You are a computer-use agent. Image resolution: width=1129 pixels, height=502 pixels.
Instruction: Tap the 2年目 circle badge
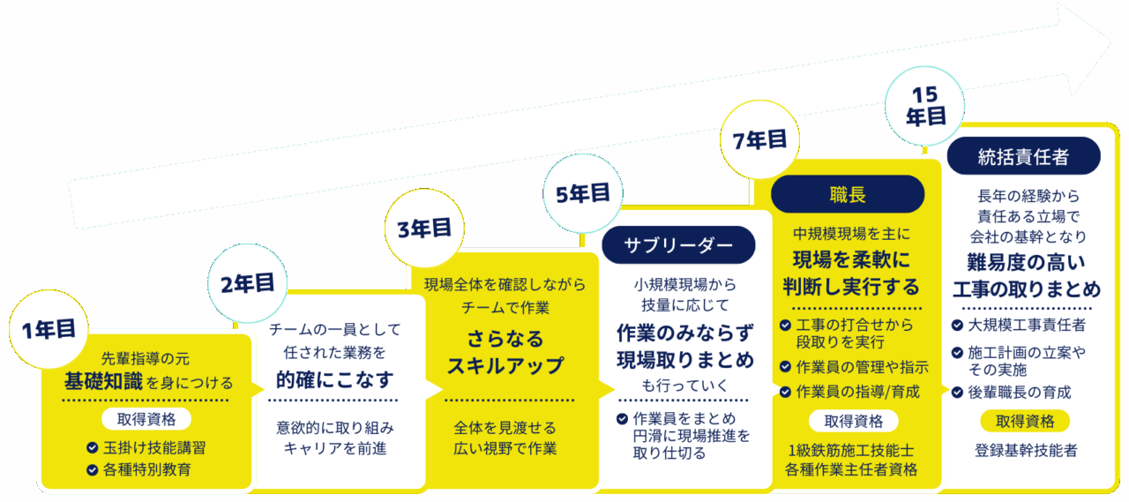pos(248,283)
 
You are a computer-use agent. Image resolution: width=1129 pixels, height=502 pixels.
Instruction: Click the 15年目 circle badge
pos(926,103)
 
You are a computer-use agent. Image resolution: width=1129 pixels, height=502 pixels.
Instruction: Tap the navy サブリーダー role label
pos(678,245)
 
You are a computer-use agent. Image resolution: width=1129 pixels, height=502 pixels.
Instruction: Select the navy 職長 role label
pos(848,194)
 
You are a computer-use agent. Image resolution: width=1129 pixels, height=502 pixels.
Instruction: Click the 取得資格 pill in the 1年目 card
pos(146,418)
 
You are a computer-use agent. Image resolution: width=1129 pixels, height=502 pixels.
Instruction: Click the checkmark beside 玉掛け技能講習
pos(92,447)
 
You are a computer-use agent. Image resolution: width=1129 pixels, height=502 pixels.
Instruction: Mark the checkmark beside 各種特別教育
pos(92,469)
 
